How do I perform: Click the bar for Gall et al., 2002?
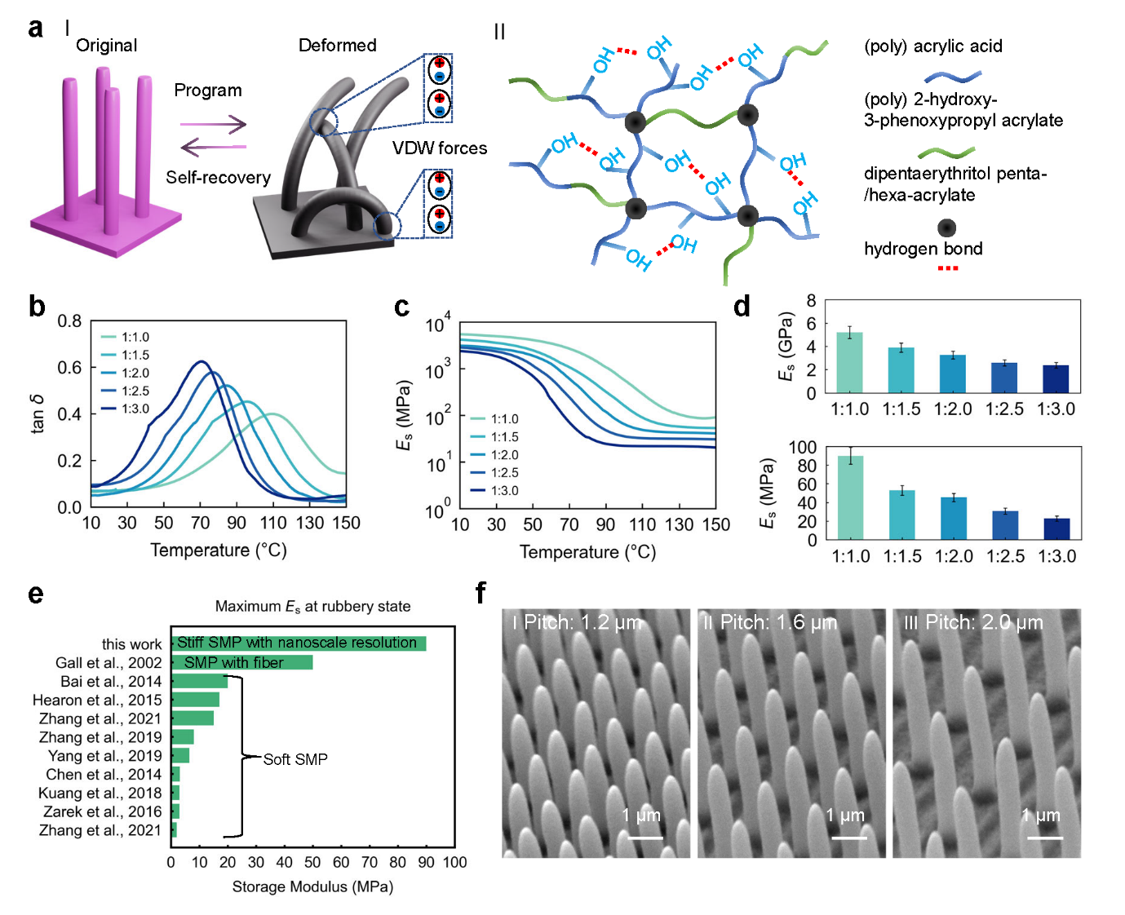point(242,662)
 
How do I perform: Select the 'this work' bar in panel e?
point(299,643)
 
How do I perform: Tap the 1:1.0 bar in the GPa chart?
point(849,362)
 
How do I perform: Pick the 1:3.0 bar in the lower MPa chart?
point(1056,528)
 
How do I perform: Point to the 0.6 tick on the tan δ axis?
point(69,368)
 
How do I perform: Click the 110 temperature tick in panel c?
point(642,524)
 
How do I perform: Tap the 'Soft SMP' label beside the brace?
point(295,759)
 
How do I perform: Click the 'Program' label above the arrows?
point(208,91)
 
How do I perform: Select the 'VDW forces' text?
point(439,148)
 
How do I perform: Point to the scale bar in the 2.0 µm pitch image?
point(1044,838)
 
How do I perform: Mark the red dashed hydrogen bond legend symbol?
point(947,268)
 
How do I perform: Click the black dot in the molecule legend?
point(946,228)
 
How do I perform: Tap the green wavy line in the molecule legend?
point(946,152)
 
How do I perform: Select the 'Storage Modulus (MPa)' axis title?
point(312,886)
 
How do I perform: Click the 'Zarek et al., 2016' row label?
point(102,811)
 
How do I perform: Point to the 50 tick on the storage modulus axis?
point(312,862)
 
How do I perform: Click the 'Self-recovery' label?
point(218,178)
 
